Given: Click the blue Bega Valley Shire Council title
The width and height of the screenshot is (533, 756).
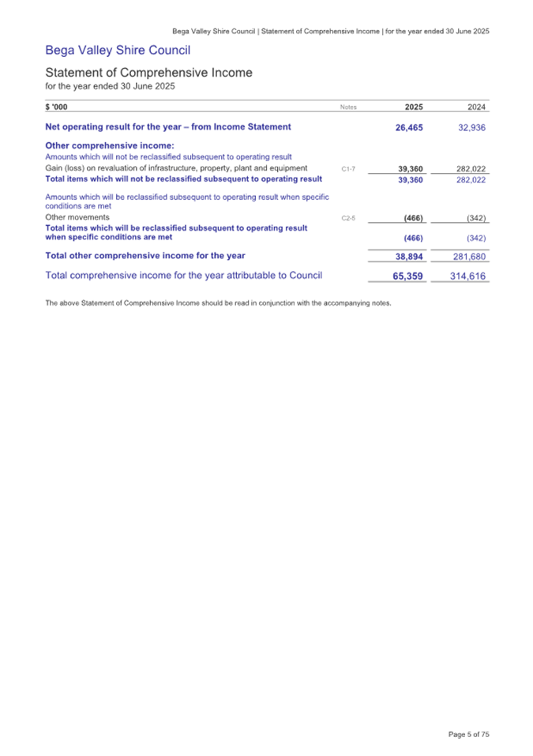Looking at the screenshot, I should [x=118, y=51].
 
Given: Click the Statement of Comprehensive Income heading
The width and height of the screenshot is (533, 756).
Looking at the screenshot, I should [x=148, y=73].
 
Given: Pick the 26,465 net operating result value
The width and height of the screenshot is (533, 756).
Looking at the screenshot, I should [x=410, y=127].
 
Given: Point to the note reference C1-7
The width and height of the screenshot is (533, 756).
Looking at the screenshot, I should [x=349, y=168].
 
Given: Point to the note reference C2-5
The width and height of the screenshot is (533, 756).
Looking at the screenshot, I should [x=349, y=217].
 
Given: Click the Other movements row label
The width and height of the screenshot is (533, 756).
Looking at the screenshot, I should [x=77, y=216].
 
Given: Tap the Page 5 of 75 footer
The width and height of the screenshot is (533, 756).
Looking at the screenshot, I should [x=469, y=735].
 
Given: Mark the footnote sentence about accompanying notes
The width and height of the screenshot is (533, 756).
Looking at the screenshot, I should [x=218, y=303].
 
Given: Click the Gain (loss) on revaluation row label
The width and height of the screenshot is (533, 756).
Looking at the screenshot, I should [x=176, y=167].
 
